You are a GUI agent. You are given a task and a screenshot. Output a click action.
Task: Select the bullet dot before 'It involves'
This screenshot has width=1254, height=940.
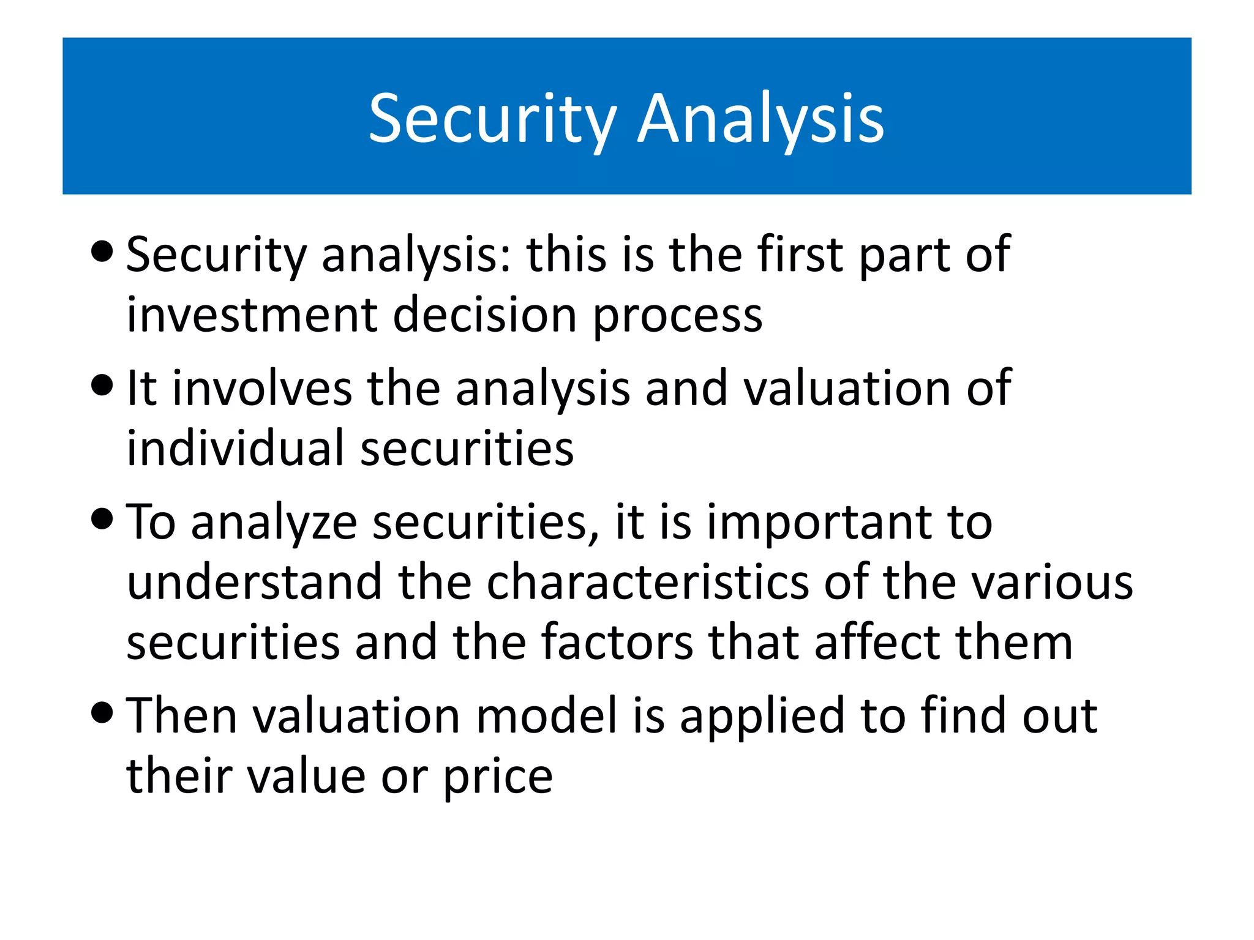[x=102, y=386]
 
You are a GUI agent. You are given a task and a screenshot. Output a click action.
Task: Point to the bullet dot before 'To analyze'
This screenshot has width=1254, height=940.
[x=102, y=519]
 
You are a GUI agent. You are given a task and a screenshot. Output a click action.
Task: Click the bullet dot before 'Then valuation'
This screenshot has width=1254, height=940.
[x=102, y=712]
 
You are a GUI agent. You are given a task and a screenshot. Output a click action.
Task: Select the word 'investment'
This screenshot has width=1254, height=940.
[x=252, y=315]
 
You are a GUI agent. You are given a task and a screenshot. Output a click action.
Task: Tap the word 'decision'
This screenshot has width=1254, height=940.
[x=484, y=315]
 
